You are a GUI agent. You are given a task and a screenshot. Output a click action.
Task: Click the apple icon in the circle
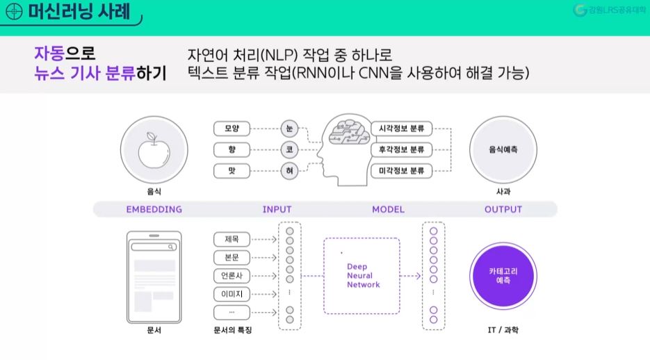click(x=154, y=152)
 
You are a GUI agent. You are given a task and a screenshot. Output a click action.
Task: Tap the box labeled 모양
click(x=231, y=129)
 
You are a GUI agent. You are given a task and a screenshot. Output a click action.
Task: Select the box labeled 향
click(x=231, y=149)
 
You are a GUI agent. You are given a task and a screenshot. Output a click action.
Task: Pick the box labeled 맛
click(x=231, y=170)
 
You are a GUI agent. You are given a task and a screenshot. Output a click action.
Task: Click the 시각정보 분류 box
click(x=402, y=129)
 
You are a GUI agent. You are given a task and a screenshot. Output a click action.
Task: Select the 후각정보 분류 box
click(x=402, y=149)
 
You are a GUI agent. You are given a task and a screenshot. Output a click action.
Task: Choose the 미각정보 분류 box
click(x=402, y=170)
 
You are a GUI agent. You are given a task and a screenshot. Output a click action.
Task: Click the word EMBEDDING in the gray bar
click(x=154, y=209)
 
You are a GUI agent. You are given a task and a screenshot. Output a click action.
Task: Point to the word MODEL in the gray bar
click(x=388, y=209)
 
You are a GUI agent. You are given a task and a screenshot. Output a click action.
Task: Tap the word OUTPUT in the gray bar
click(x=503, y=209)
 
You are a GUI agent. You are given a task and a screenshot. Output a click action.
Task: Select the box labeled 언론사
click(x=231, y=276)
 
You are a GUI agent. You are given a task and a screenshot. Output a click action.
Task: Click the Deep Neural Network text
click(x=364, y=275)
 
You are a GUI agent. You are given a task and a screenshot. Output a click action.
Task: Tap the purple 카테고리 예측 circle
click(x=503, y=276)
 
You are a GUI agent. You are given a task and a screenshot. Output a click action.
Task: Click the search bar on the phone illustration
click(x=154, y=247)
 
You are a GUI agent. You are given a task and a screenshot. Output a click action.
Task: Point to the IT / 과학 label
click(x=503, y=330)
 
